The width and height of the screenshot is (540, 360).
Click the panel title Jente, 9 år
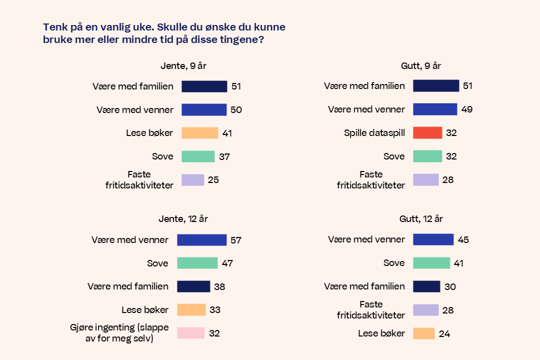click(183, 66)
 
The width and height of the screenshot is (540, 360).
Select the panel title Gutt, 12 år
click(421, 219)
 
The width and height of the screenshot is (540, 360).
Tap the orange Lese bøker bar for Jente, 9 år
click(199, 133)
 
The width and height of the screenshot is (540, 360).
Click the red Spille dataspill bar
click(427, 133)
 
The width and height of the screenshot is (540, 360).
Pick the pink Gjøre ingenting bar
click(190, 333)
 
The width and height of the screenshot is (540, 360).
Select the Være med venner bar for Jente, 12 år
click(201, 240)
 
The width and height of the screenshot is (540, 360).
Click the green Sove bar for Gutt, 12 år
click(431, 263)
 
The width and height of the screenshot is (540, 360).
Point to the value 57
click(236, 240)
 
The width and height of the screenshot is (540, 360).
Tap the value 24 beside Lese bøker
click(444, 333)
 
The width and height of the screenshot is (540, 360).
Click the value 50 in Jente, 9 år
click(236, 110)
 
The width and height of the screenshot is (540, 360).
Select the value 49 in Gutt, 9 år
click(467, 109)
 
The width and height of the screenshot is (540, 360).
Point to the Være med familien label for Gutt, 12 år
click(364, 286)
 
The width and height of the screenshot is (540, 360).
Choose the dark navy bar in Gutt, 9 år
click(436, 86)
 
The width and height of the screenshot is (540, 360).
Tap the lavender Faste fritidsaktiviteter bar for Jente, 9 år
click(192, 180)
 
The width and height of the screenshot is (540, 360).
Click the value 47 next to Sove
click(227, 263)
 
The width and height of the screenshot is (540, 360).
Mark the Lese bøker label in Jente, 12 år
click(145, 310)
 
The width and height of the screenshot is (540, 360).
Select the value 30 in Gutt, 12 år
click(450, 287)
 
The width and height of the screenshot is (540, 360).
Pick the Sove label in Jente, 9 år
click(162, 156)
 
